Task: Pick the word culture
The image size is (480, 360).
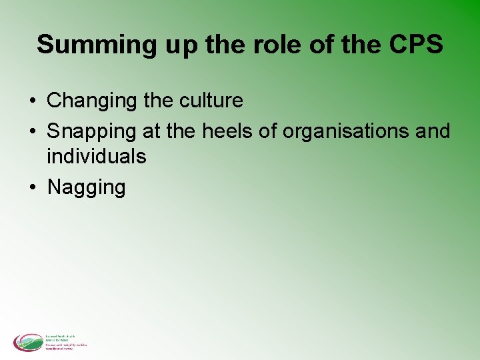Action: (211, 101)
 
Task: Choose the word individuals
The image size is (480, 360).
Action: (97, 157)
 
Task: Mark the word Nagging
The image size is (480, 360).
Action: (86, 188)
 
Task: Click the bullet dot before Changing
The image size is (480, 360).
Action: (32, 101)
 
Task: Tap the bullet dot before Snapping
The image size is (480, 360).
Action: (32, 131)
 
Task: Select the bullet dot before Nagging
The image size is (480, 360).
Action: (32, 187)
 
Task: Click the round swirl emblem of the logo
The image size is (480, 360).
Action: (27, 343)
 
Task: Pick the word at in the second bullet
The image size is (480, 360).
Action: (151, 131)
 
